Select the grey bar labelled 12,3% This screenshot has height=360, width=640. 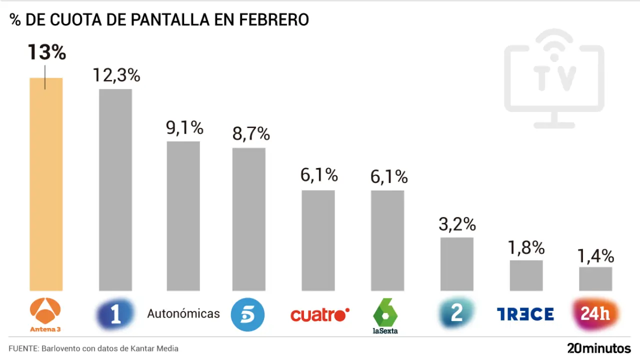pyautogui.click(x=115, y=189)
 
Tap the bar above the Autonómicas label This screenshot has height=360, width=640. pyautogui.click(x=183, y=215)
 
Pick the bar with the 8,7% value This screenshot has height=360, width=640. pyautogui.click(x=248, y=219)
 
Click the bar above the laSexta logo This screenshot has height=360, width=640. pyautogui.click(x=387, y=240)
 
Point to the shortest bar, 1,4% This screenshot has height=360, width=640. pyautogui.click(x=595, y=278)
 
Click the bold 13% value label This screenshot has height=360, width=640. pyautogui.click(x=46, y=52)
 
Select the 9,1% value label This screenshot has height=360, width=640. pyautogui.click(x=184, y=128)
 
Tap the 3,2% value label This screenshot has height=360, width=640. pyautogui.click(x=457, y=224)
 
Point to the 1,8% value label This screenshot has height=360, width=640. pyautogui.click(x=526, y=247)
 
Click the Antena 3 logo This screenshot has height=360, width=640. pyautogui.click(x=46, y=315)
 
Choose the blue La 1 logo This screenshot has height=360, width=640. pyautogui.click(x=115, y=314)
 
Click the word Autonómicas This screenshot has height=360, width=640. pyautogui.click(x=183, y=314)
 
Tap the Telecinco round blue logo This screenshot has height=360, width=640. pyautogui.click(x=247, y=314)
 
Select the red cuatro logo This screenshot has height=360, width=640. pyautogui.click(x=319, y=314)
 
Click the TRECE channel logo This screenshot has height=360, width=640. pyautogui.click(x=525, y=314)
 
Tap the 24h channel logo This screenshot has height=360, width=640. pyautogui.click(x=595, y=314)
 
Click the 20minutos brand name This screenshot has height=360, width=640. pyautogui.click(x=598, y=348)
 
